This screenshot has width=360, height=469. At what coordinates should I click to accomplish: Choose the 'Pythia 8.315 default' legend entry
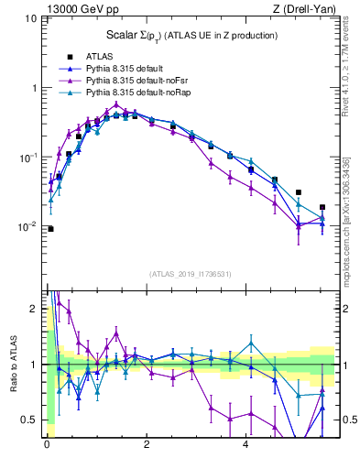pos(127,69)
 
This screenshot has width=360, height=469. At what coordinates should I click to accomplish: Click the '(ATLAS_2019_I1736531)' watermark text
pos(191,273)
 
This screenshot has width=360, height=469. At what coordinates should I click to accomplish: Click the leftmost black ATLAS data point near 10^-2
pos(50,229)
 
